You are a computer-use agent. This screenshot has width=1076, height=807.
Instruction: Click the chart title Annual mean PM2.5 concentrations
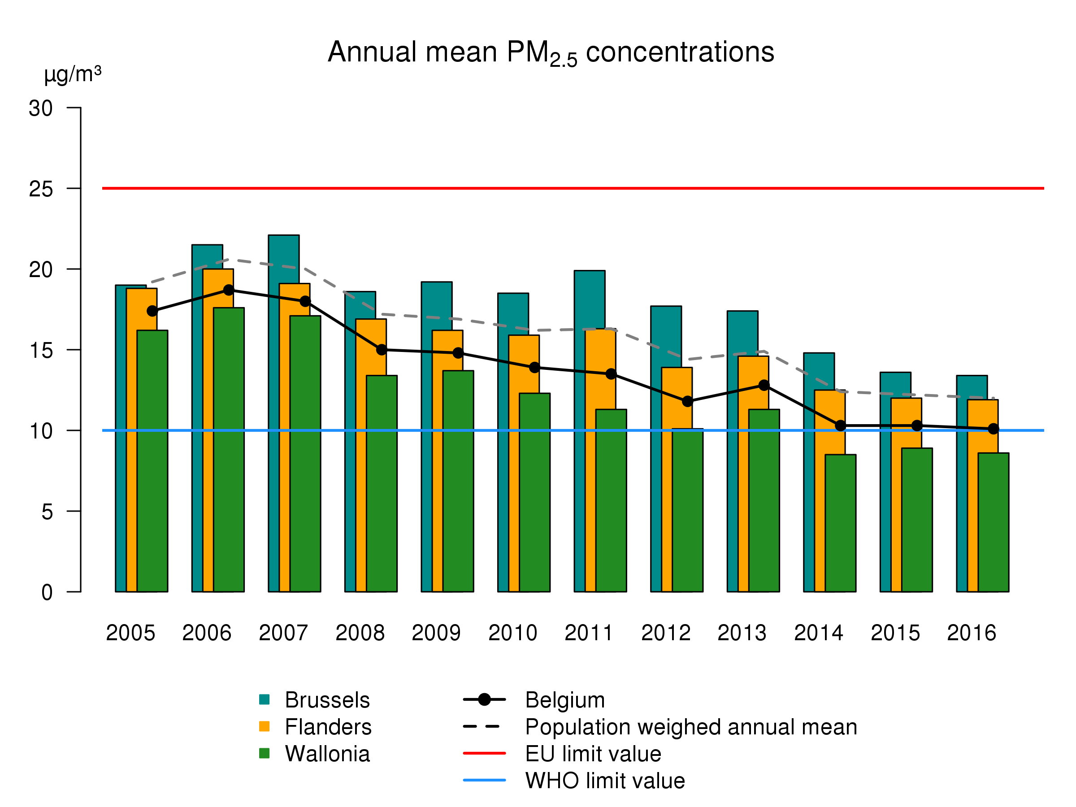click(551, 52)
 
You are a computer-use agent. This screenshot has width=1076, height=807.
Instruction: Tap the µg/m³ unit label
click(73, 74)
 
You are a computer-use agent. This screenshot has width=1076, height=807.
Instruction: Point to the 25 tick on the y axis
click(41, 189)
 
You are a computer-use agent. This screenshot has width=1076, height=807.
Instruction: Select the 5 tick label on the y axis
click(47, 512)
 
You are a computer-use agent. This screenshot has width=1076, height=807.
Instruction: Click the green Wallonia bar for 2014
click(840, 523)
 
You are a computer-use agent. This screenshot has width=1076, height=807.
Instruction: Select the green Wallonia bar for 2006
click(229, 450)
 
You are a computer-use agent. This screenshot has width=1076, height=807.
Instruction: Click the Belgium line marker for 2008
click(382, 350)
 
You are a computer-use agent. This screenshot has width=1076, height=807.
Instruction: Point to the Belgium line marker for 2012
click(687, 401)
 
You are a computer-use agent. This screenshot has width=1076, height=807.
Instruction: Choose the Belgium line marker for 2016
click(994, 429)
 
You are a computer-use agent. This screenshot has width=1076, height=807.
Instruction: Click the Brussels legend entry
click(327, 700)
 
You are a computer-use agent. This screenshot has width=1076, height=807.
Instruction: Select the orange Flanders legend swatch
click(264, 727)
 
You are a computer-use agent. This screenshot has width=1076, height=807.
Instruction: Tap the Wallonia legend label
click(327, 754)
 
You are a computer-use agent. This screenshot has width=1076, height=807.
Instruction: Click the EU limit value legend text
click(593, 754)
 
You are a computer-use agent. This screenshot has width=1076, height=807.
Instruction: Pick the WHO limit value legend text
click(605, 780)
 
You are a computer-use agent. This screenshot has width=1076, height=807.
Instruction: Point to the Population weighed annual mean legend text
click(691, 727)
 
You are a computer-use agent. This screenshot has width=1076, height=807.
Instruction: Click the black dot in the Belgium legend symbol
click(484, 700)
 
